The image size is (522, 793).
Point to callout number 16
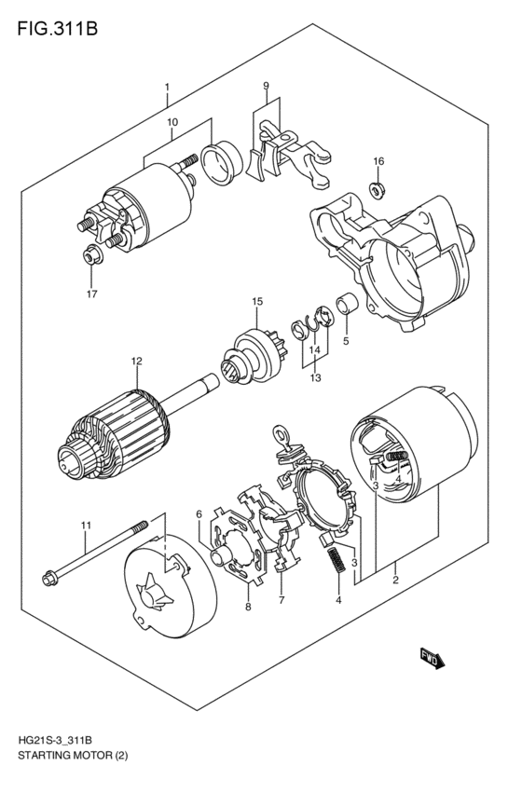[378, 161]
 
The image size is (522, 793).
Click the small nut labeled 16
[378, 190]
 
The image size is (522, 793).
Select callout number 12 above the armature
[136, 361]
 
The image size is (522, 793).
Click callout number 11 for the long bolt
[85, 526]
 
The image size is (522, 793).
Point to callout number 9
[266, 87]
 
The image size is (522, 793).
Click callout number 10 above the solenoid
[172, 121]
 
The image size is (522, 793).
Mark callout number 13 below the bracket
[314, 378]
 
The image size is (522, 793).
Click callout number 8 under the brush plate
[248, 607]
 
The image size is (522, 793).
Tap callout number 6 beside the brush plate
[199, 513]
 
